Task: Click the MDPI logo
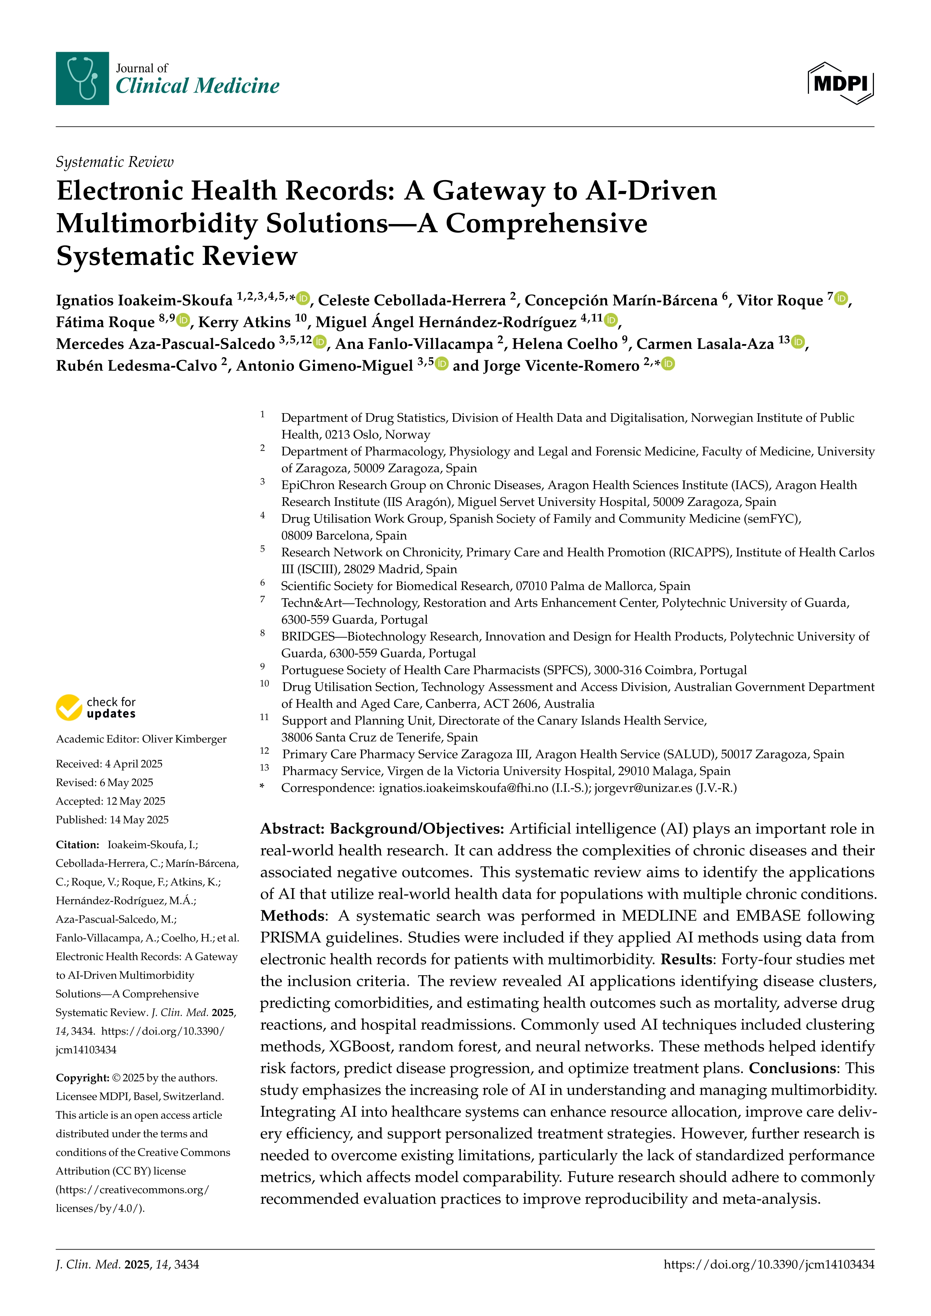pyautogui.click(x=841, y=84)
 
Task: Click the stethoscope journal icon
pyautogui.click(x=82, y=78)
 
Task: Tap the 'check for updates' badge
pyautogui.click(x=96, y=708)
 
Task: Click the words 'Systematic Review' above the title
pyautogui.click(x=114, y=162)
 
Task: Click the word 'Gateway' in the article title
pyautogui.click(x=488, y=191)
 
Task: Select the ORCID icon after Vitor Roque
pyautogui.click(x=841, y=299)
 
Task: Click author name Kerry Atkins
pyautogui.click(x=245, y=322)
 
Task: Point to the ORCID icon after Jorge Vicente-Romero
pyautogui.click(x=669, y=364)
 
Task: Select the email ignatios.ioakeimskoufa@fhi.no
pyautogui.click(x=463, y=788)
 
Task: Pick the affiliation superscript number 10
pyautogui.click(x=264, y=684)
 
